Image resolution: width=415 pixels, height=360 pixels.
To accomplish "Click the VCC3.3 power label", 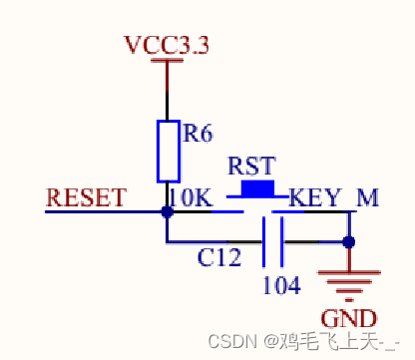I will (x=167, y=46).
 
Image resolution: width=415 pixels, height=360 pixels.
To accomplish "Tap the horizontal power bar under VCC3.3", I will (x=168, y=62).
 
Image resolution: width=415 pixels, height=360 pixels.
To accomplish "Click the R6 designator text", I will (x=199, y=130).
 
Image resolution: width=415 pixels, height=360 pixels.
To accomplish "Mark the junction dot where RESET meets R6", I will (x=167, y=210).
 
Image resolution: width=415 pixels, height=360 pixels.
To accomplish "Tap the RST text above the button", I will (x=251, y=165).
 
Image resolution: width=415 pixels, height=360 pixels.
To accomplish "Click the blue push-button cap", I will (x=256, y=187).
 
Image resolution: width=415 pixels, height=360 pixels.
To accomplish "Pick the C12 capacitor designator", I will (x=219, y=258).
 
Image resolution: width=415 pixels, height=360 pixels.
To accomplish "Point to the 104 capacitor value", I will (x=282, y=284).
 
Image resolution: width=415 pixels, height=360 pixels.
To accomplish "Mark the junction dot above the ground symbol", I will (x=348, y=241).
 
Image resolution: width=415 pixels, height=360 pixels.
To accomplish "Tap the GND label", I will (x=352, y=319).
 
